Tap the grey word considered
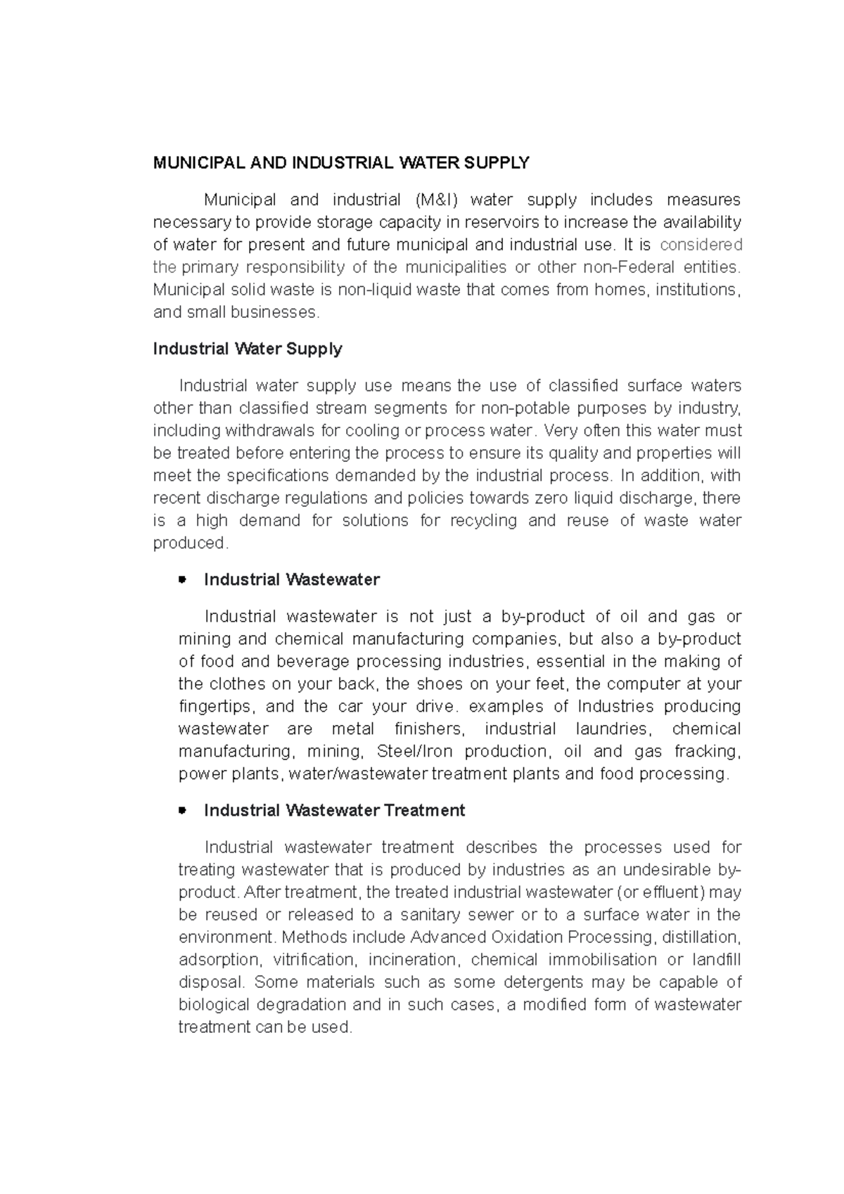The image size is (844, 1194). point(701,245)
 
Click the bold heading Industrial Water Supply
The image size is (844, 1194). point(248,349)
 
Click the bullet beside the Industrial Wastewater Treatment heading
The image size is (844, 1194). point(182,811)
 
